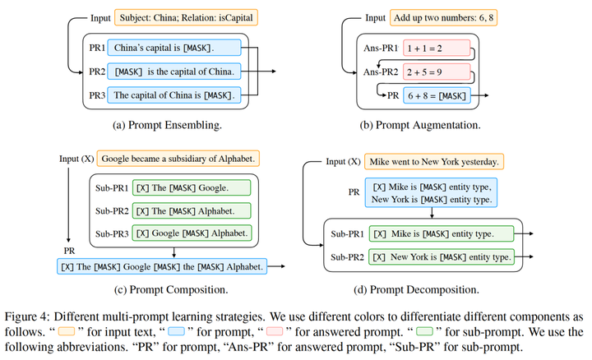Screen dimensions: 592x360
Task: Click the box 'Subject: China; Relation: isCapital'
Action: tap(187, 18)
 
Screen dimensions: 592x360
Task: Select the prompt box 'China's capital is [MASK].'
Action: tap(174, 48)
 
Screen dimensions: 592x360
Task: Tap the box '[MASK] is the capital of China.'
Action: tap(174, 72)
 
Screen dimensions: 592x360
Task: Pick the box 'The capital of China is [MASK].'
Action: tap(174, 95)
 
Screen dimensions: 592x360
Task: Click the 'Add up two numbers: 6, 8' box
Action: tap(443, 18)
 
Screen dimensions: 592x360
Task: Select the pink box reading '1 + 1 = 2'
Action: tap(437, 48)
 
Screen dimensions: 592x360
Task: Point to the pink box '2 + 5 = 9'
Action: tap(437, 72)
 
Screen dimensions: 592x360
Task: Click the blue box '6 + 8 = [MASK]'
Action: tap(437, 96)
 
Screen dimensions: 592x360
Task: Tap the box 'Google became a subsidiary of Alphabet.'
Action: tap(178, 159)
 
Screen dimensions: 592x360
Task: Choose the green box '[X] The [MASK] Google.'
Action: tap(192, 187)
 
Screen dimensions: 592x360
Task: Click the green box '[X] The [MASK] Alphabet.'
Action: tap(192, 210)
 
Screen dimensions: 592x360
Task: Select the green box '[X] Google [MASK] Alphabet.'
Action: tap(192, 233)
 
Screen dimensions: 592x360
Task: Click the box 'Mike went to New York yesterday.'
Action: tap(434, 162)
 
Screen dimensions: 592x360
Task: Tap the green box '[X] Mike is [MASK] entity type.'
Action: tap(442, 233)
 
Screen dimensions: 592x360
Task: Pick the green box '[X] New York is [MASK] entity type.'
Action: tap(442, 256)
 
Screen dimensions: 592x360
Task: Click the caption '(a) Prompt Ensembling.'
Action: tap(167, 125)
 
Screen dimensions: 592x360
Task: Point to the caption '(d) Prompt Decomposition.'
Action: tap(416, 289)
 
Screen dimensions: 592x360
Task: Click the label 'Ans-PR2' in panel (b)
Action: tap(381, 72)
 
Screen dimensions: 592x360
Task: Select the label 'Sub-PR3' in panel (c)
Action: tap(112, 233)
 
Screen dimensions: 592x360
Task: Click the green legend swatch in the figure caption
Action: tap(424, 332)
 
